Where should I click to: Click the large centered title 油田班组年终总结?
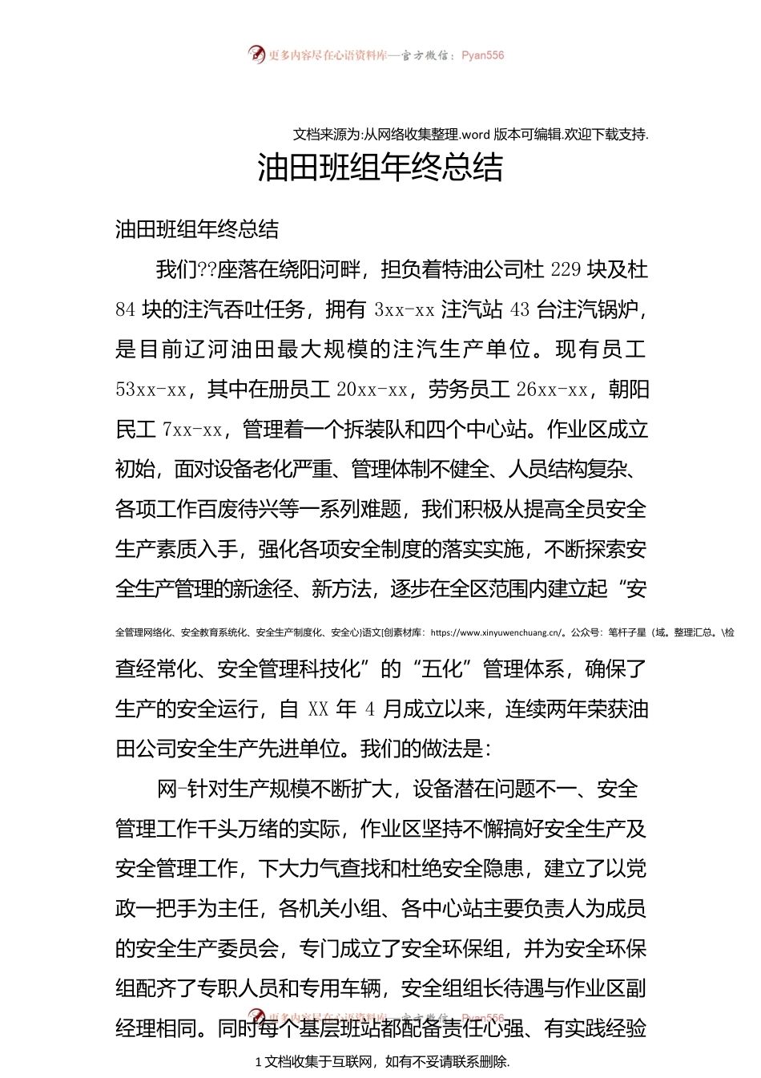coord(380,168)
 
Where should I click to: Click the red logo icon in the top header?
coord(256,55)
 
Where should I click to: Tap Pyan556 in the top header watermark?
coord(483,55)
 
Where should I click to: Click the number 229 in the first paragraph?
coord(566,270)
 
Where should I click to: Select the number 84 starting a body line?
coord(126,310)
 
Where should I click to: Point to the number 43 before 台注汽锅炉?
coord(520,310)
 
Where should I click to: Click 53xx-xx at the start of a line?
coord(151,390)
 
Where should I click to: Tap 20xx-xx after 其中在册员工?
coord(372,390)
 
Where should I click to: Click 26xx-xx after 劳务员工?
coord(551,390)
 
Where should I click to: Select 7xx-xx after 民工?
coord(192,430)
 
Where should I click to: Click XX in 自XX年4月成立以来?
coord(318,709)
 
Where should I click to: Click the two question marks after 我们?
coord(207,270)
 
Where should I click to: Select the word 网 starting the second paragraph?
coord(167,789)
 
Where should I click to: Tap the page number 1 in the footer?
coord(258,1062)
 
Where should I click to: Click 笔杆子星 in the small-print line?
coord(627,632)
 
